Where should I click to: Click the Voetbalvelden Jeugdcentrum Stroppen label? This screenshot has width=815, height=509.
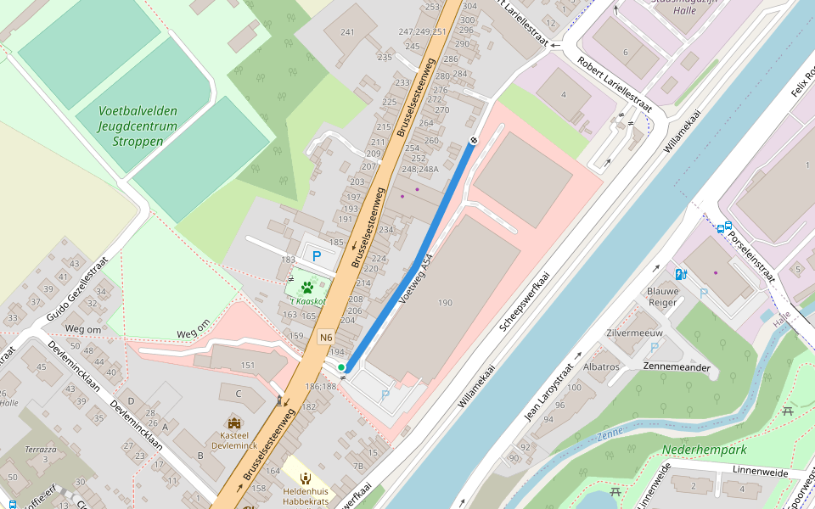[x=138, y=126]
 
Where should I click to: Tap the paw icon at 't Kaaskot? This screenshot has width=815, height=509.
[x=307, y=288]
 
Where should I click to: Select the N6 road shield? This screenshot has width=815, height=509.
[x=326, y=338]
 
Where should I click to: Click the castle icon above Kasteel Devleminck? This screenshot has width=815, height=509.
[x=234, y=423]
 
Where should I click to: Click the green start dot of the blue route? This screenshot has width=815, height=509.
[x=341, y=367]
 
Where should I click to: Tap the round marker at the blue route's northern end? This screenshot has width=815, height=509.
[x=473, y=140]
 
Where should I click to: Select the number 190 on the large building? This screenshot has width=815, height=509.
[x=445, y=303]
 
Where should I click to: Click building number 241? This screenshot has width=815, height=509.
[x=346, y=32]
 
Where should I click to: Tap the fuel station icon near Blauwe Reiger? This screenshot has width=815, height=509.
[x=680, y=274]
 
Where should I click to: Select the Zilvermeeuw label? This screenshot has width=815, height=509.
[x=634, y=333]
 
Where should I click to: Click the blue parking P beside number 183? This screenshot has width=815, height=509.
[x=318, y=256]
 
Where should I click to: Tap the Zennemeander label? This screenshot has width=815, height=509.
[x=677, y=367]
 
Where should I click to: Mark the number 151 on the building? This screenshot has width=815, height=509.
[x=248, y=366]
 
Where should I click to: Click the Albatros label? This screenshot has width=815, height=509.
[x=602, y=366]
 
